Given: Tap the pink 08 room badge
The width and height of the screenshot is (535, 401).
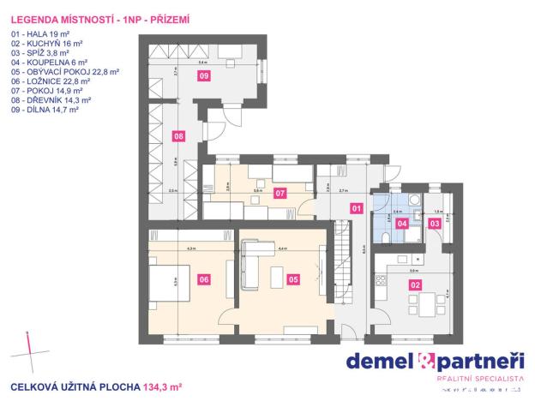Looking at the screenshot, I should [178, 135].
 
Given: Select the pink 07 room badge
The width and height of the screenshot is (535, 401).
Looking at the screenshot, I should [280, 193].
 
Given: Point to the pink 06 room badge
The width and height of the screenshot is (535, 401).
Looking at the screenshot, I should [204, 278].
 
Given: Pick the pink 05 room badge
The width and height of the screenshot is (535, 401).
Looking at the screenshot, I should [293, 278].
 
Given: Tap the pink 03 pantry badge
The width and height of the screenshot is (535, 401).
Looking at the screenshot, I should [435, 224].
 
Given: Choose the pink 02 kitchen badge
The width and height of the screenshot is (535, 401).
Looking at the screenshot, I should [415, 284].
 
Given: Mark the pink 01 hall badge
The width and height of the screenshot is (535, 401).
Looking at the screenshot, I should [357, 207].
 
